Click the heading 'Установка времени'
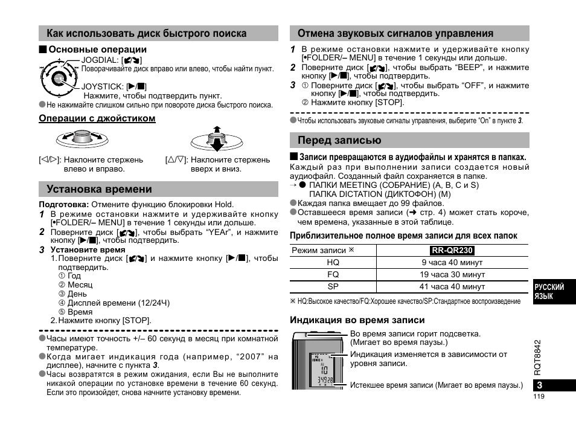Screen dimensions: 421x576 (x=95, y=189)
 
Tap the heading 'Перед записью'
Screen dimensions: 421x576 (x=339, y=140)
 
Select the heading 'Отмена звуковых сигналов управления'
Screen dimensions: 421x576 (x=395, y=33)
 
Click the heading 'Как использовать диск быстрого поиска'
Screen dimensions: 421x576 (x=142, y=33)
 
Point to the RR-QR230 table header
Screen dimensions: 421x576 (x=452, y=250)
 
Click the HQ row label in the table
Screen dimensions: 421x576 (x=333, y=263)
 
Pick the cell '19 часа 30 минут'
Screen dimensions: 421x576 (x=452, y=275)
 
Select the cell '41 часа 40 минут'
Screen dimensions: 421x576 (x=452, y=287)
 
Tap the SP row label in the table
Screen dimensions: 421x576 (x=333, y=287)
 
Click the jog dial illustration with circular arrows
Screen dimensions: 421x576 (x=59, y=77)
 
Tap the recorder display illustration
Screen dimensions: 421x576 (x=318, y=361)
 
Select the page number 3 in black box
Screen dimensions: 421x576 (x=540, y=385)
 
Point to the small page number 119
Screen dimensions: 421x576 (x=539, y=397)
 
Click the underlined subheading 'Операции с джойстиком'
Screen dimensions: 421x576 (x=97, y=118)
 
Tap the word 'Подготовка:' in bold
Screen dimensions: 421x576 (x=64, y=204)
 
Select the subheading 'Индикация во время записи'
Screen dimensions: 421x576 (x=357, y=320)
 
